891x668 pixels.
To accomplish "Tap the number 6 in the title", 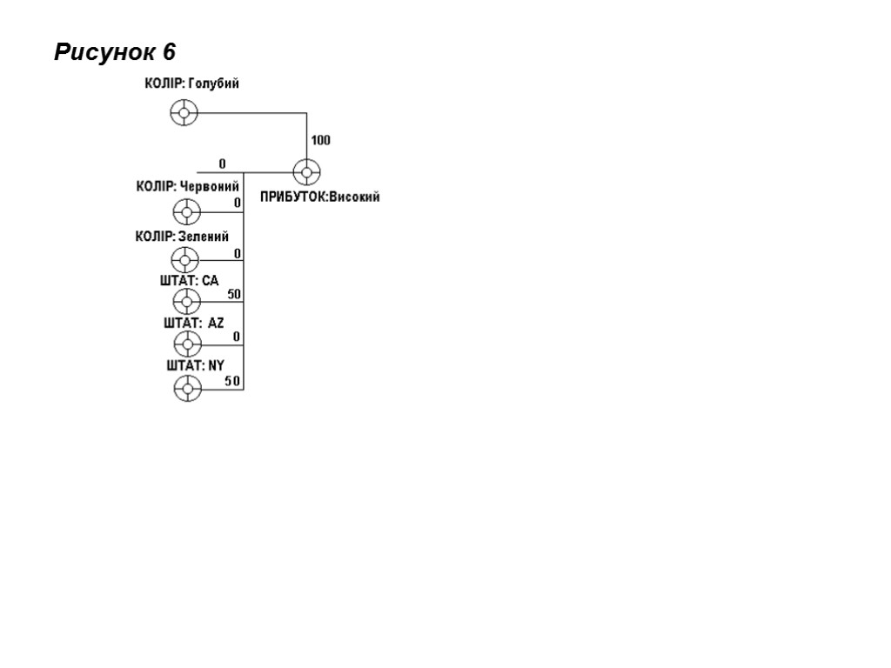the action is tap(169, 52).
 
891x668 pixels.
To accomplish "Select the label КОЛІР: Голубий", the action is tap(191, 83).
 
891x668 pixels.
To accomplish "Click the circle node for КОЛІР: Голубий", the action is tap(184, 112).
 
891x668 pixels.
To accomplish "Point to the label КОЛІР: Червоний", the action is tap(187, 186).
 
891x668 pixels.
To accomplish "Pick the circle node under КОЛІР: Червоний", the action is tap(186, 211).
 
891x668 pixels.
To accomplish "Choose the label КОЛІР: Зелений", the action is tap(182, 236).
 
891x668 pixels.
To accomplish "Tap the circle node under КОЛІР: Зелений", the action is tap(185, 259).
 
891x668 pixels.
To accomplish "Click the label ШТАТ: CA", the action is tap(189, 280).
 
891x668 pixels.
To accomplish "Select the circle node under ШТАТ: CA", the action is tap(186, 302).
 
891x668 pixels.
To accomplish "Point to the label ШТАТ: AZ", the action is tap(193, 323).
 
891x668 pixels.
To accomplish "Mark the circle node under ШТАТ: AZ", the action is tap(187, 344).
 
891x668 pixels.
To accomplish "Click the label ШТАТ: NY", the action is tap(195, 365).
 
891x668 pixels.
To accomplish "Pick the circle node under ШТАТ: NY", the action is tap(187, 388).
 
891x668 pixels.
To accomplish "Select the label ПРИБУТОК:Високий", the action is tap(320, 197).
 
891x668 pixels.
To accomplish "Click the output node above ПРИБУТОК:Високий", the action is tap(306, 172).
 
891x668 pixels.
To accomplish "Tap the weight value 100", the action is tap(321, 140).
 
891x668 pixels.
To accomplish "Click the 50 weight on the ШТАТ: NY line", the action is tap(232, 381).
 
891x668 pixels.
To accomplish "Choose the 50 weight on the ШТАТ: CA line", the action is tap(234, 294).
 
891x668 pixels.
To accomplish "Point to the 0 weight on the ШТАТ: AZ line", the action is tap(237, 337).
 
